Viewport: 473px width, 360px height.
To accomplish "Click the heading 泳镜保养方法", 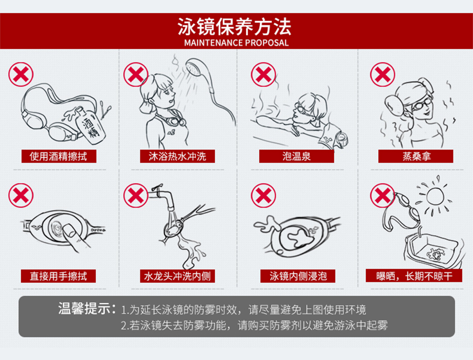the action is pos(234,27).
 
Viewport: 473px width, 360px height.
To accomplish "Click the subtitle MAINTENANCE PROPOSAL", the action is pos(236,43).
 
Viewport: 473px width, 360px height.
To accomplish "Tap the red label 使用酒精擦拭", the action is pos(59,156).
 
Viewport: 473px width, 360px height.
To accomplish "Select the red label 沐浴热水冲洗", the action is pos(177,156).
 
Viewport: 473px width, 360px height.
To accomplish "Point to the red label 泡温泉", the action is pos(297,156).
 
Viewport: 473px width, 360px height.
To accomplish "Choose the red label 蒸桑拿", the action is pos(416,156).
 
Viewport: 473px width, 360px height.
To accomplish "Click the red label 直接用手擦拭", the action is pos(58,276).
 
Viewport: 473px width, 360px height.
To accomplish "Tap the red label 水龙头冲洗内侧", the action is pos(177,276).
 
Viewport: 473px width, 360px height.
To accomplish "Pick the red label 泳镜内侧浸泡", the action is pos(298,276).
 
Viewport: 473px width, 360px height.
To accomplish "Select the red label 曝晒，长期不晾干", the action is pos(414,276).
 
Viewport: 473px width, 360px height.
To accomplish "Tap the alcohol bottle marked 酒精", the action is pos(90,126).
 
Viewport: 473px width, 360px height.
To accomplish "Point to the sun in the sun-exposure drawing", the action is pos(435,196).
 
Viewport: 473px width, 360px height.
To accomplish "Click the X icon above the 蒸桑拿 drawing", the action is pos(383,75).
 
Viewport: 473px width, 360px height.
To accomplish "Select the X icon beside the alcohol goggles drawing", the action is pos(21,75).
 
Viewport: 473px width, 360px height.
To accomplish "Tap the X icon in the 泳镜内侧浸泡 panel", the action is pos(263,196).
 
